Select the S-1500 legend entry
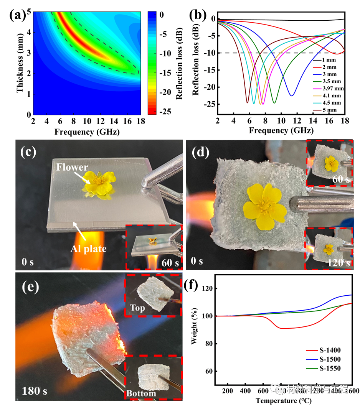(329, 359)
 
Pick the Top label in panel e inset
(137, 308)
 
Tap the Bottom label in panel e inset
(142, 393)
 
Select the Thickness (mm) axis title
(20, 64)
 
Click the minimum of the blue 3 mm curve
(292, 95)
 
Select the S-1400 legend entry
(329, 350)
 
